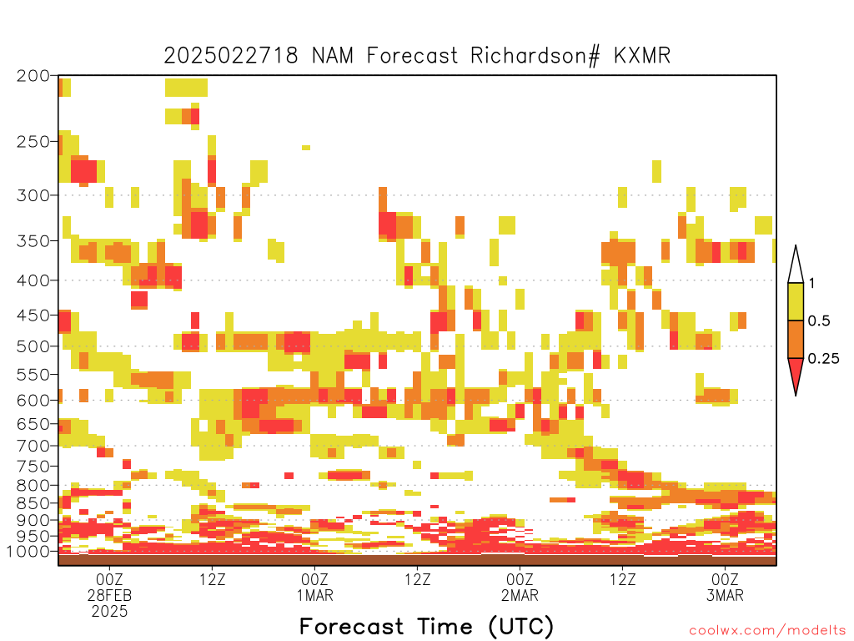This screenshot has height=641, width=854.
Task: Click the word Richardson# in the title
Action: (535, 56)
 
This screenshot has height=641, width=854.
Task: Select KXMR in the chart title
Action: (641, 56)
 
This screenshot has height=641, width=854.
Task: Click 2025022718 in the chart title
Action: (231, 56)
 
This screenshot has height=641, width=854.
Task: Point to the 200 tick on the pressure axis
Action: (33, 76)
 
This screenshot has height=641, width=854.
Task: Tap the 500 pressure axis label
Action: (33, 346)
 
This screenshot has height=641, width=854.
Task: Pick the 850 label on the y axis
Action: (33, 503)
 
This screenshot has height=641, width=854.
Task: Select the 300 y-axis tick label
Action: (33, 195)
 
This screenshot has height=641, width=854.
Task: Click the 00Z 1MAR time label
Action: (314, 587)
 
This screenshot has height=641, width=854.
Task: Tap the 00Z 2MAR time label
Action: (520, 587)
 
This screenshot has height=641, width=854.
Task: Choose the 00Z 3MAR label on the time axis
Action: (725, 587)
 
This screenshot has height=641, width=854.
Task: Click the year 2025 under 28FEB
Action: (109, 612)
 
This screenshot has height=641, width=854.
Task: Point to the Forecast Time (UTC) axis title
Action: (426, 626)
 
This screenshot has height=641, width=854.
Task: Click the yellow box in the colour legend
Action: (796, 301)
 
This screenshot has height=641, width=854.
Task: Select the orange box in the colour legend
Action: (796, 339)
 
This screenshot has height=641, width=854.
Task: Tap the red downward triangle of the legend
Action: (796, 371)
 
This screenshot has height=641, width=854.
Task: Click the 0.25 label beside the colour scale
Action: (823, 358)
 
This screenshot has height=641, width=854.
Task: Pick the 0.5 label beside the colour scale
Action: (819, 320)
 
